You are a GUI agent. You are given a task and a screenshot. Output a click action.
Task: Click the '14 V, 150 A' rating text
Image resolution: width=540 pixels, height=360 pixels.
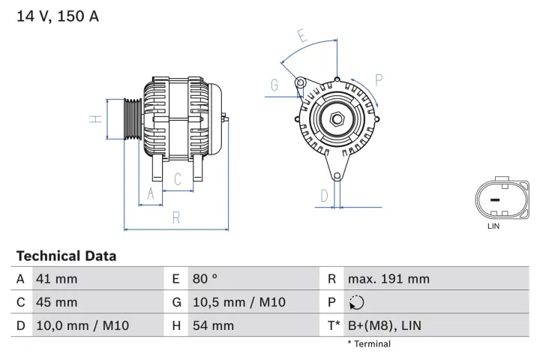click(58, 16)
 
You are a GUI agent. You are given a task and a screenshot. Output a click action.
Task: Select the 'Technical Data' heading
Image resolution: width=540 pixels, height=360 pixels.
click(66, 256)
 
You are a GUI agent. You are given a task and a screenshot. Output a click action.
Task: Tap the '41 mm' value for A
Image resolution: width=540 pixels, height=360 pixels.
click(56, 279)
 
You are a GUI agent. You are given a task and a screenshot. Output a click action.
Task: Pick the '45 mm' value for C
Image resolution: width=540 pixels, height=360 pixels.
click(56, 302)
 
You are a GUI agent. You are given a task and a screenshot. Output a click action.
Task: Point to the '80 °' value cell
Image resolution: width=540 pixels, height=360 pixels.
click(205, 279)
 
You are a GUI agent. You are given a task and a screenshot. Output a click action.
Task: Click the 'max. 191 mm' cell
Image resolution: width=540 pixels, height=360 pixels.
click(388, 279)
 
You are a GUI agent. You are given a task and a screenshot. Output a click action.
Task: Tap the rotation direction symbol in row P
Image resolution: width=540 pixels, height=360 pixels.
click(355, 303)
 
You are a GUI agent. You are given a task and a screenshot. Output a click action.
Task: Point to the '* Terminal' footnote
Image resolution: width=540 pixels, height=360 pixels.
click(368, 344)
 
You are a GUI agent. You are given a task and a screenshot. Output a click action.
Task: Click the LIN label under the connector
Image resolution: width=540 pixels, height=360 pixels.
click(493, 226)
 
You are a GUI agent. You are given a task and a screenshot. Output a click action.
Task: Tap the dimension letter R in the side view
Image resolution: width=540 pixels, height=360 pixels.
click(175, 217)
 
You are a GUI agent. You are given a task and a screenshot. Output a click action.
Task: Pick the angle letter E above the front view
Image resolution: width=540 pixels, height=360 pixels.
click(301, 36)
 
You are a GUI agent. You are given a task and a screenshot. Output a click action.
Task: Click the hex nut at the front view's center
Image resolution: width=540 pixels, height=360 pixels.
click(337, 119)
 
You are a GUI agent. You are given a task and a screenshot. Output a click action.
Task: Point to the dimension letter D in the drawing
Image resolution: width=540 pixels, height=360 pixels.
click(324, 196)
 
